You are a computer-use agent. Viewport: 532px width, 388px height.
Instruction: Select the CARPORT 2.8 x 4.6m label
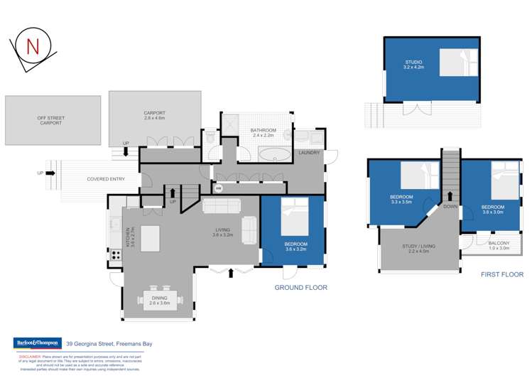[x=154, y=115]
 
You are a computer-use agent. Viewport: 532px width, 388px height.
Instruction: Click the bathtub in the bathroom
[x=273, y=153]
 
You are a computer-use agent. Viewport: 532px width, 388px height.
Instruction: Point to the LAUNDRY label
[x=309, y=152]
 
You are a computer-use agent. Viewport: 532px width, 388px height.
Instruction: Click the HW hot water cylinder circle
[x=219, y=188]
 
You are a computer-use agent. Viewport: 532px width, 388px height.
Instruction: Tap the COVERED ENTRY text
[x=106, y=179]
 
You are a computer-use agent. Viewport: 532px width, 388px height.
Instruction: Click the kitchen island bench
[x=151, y=238]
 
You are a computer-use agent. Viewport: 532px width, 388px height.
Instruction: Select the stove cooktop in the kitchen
[x=115, y=254]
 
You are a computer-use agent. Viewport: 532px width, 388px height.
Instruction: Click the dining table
[x=160, y=301]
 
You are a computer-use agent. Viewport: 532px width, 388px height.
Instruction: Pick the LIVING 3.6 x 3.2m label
[x=226, y=232]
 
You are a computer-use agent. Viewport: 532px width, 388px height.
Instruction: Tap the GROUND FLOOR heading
[x=301, y=288]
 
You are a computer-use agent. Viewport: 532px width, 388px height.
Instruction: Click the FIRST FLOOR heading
[x=501, y=274]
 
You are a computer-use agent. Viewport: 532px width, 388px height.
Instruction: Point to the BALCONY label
[x=499, y=245]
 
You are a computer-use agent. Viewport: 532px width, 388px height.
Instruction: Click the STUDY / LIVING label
[x=418, y=249]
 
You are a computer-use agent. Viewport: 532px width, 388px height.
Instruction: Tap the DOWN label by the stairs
[x=450, y=207]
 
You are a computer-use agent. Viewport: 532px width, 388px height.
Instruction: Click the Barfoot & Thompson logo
[x=37, y=343]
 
